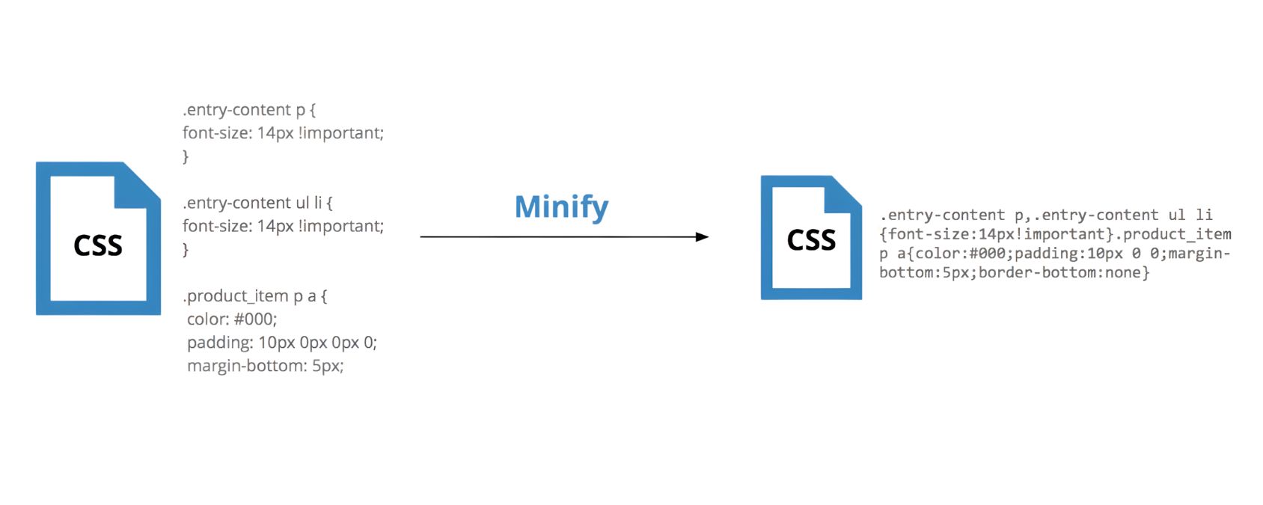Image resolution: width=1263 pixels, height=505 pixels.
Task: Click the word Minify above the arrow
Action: pos(561,206)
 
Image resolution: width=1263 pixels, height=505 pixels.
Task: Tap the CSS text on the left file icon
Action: pos(98,245)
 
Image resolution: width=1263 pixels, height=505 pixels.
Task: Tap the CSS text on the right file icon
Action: pos(811,240)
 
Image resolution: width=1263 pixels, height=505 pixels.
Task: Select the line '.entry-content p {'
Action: pos(249,110)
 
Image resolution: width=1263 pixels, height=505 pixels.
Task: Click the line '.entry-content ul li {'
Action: pos(257,203)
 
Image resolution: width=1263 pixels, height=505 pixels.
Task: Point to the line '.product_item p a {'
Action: pos(254,296)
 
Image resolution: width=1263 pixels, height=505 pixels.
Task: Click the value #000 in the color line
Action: pos(254,319)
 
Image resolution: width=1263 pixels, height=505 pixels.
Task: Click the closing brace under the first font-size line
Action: pos(186,156)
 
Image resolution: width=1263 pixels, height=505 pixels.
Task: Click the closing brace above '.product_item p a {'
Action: pos(186,249)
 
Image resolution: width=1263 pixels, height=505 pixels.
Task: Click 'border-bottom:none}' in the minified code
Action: pos(1064,272)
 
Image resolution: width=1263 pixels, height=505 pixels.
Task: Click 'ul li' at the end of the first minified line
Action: pos(1190,215)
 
